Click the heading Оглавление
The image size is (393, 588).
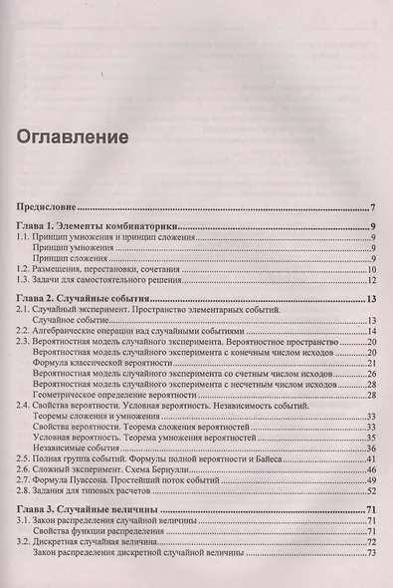pyautogui.click(x=73, y=136)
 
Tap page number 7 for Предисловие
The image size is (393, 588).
pyautogui.click(x=371, y=207)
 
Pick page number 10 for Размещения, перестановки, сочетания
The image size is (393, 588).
pyautogui.click(x=367, y=269)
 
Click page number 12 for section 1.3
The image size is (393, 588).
pyautogui.click(x=367, y=282)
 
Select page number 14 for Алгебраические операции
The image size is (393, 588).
pyautogui.click(x=367, y=333)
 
